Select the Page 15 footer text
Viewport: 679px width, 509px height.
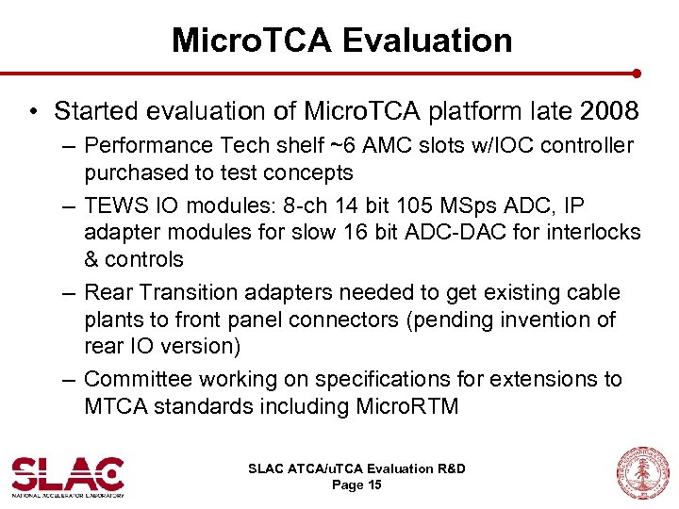click(x=356, y=485)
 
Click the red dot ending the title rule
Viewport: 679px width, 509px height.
click(x=637, y=73)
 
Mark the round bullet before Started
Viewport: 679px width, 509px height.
click(x=34, y=112)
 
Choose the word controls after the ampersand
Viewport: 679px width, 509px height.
click(x=144, y=258)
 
